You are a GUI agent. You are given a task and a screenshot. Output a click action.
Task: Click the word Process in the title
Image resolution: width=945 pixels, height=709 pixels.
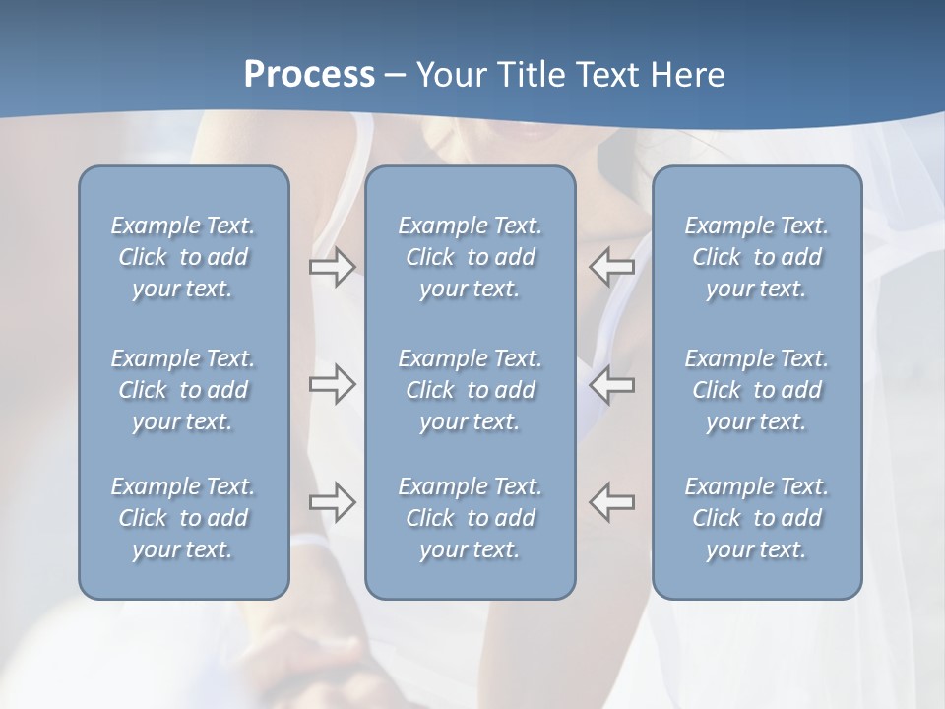[x=309, y=75]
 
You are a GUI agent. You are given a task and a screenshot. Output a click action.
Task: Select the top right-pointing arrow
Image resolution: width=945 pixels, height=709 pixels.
[x=332, y=267]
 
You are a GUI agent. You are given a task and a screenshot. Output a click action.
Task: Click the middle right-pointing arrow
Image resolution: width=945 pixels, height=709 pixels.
[x=332, y=384]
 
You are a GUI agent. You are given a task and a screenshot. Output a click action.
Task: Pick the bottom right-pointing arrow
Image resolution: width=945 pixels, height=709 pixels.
[x=332, y=501]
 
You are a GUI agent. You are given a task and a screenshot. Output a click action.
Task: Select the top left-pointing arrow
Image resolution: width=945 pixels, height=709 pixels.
[x=611, y=267]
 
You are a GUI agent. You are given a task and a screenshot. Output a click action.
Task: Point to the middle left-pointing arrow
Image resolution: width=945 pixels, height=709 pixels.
[x=611, y=384]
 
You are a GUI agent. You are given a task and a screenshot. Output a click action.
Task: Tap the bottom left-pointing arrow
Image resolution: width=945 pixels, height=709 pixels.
[x=611, y=501]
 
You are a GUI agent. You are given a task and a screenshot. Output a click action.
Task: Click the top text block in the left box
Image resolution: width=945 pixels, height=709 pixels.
[x=183, y=257]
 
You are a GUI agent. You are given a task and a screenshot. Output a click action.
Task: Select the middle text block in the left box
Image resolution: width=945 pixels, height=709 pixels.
[x=183, y=390]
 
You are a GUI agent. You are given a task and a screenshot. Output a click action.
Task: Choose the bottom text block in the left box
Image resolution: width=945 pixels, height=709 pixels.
[x=183, y=518]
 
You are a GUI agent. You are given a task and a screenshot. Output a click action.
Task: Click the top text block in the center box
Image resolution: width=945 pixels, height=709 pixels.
[x=470, y=257]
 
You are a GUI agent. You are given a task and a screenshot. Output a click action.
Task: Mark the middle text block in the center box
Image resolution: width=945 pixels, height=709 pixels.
[x=470, y=390]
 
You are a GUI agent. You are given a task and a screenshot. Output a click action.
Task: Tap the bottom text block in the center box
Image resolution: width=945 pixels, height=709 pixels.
[x=470, y=518]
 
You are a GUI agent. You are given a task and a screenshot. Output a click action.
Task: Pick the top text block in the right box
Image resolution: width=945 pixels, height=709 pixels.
[x=756, y=257]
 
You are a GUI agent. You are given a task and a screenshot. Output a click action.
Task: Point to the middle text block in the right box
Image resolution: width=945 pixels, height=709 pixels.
[x=756, y=390]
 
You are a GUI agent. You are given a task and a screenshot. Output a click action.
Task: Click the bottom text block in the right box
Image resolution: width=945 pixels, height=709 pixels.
[x=756, y=518]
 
